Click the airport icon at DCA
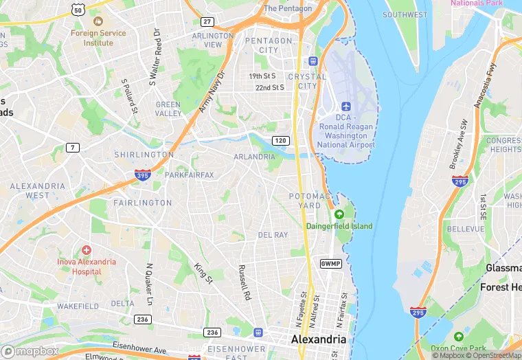click(346, 107)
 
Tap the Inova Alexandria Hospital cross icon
click(86, 250)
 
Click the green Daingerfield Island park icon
click(338, 214)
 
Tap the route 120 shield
click(279, 140)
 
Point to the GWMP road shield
click(330, 264)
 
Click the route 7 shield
click(72, 148)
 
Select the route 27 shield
click(207, 22)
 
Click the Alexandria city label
click(319, 340)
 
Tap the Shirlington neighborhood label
click(144, 155)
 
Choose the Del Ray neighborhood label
click(273, 235)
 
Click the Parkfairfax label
click(190, 175)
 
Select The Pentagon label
click(288, 9)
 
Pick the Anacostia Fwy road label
click(484, 85)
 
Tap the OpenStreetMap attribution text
click(492, 355)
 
